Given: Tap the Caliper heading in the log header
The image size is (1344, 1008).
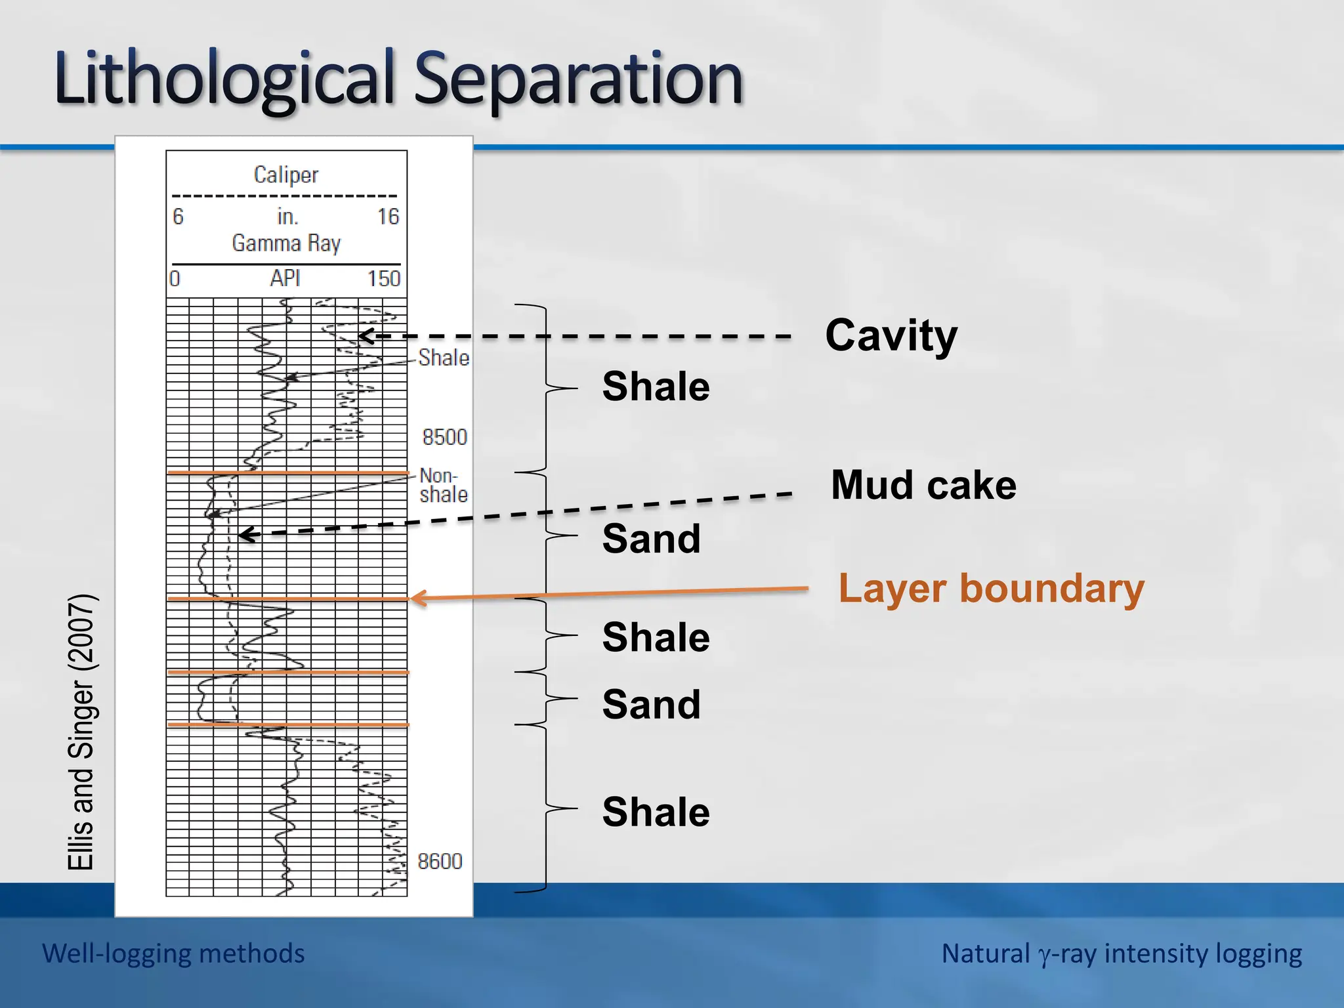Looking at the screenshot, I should (x=286, y=175).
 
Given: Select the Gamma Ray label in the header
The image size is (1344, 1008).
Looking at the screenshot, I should (x=286, y=243).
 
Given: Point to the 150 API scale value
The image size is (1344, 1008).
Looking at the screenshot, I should (x=383, y=279).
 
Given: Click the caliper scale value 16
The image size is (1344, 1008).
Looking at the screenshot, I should (x=388, y=217).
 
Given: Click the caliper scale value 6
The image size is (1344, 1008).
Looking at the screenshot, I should (x=178, y=217).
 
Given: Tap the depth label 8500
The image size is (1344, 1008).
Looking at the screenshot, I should (x=444, y=437).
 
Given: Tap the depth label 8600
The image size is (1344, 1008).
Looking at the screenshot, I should (x=440, y=861).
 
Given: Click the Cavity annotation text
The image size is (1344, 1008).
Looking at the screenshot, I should (x=891, y=335).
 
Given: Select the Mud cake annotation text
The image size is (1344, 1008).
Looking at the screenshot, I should (x=923, y=485).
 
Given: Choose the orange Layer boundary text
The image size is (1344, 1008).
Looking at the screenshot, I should (x=991, y=588).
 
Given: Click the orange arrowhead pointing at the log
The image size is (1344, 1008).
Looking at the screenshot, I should (x=416, y=597).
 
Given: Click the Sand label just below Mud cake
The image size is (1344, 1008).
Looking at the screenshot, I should (x=651, y=539).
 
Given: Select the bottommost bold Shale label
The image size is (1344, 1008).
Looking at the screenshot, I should (x=656, y=812).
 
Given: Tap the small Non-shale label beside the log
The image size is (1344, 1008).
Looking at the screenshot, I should (x=443, y=485).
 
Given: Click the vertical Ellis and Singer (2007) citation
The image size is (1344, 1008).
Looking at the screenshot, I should (x=82, y=732).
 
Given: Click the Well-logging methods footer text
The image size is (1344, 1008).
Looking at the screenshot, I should (x=173, y=954).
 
